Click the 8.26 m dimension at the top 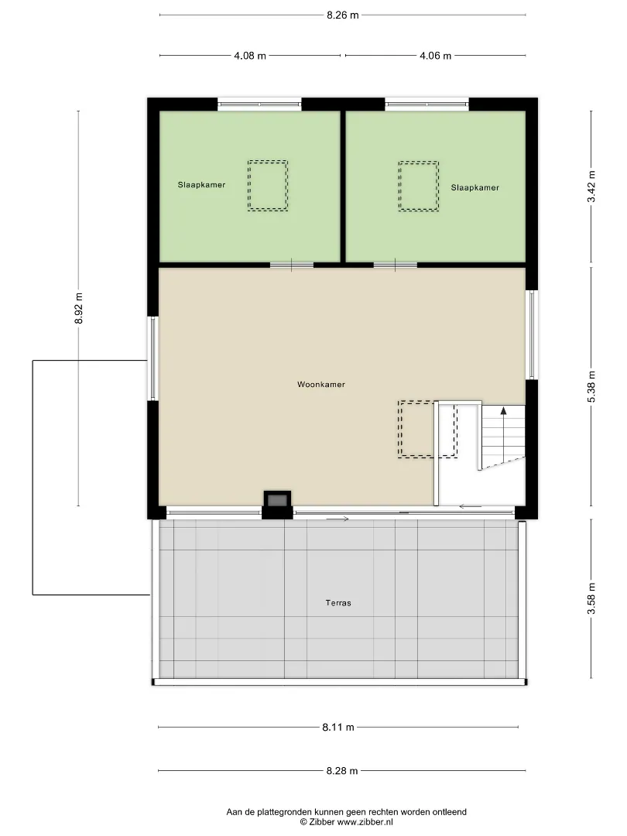[342, 15]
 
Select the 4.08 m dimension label [249, 56]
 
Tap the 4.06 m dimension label [435, 56]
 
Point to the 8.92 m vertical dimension [78, 307]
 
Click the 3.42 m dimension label [591, 187]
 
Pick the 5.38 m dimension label [591, 386]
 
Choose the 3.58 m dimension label [591, 598]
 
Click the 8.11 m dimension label [338, 727]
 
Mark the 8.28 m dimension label [342, 771]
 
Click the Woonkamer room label [321, 385]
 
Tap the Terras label [338, 603]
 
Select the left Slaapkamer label [201, 185]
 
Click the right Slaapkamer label [475, 187]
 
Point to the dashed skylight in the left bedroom [268, 186]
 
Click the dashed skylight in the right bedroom [419, 186]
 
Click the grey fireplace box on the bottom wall [277, 500]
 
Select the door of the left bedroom [292, 265]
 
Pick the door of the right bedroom [395, 265]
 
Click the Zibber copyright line [347, 822]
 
